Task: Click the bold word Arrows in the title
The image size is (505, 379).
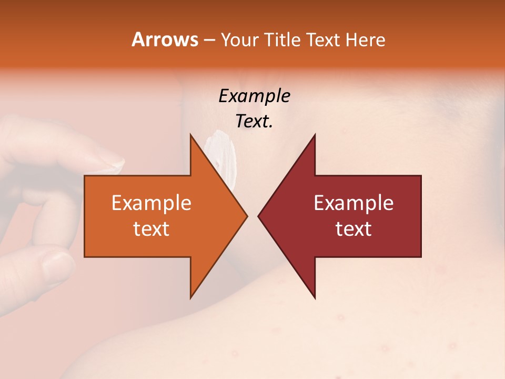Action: coord(165,39)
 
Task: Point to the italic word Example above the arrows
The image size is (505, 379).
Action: coord(254,96)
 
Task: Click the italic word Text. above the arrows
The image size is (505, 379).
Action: coord(254,122)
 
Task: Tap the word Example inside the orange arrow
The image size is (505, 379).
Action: coord(151,203)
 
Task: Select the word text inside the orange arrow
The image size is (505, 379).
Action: coord(151,228)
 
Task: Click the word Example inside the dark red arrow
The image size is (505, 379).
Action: coord(353,203)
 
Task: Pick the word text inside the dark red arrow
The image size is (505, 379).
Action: coord(353,228)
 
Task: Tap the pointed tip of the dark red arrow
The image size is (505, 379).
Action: coord(259,216)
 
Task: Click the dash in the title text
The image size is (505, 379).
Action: coord(209,40)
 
